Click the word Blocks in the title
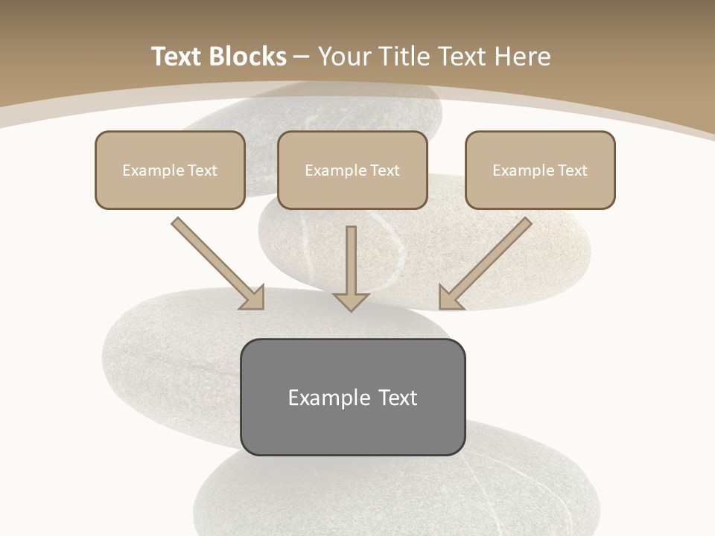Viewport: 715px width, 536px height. tap(248, 57)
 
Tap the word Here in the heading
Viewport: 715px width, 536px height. tap(525, 57)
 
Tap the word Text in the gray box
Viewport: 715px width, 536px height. tap(398, 398)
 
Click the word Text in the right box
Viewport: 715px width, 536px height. tap(572, 170)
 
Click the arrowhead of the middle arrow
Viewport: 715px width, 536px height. tap(351, 301)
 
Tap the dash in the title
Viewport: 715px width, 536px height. tap(302, 57)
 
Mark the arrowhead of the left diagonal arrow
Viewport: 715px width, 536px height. tap(254, 299)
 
